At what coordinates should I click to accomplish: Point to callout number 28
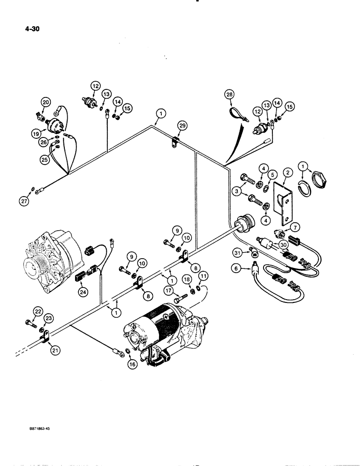[228, 96]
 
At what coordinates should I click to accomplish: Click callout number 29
[182, 125]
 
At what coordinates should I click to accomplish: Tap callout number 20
[45, 103]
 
